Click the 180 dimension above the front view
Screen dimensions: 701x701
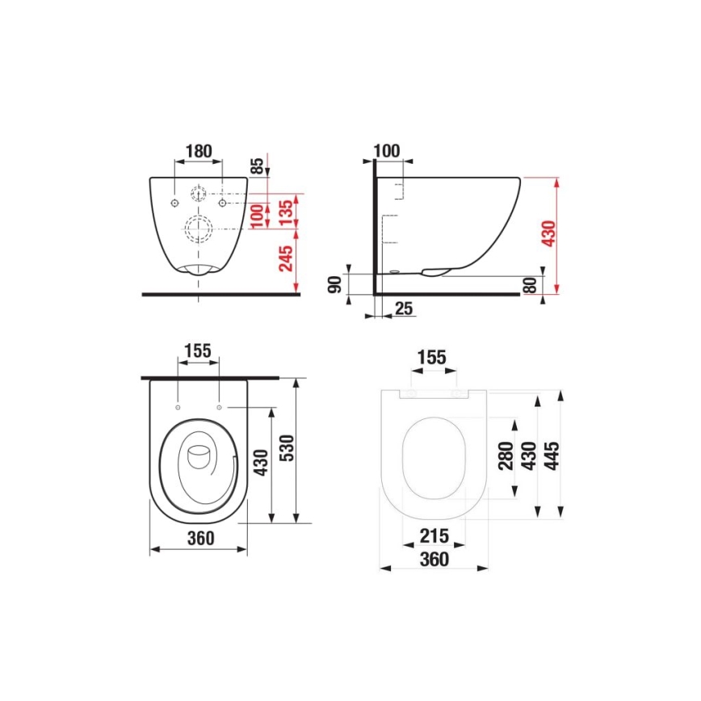[x=198, y=151]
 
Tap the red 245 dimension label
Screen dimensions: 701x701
[x=285, y=260]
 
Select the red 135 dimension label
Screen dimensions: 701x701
[x=285, y=212]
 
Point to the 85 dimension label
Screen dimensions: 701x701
[x=258, y=166]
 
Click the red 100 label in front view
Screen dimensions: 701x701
[x=256, y=216]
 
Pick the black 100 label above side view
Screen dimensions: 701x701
[x=388, y=151]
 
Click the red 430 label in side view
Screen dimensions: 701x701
[x=548, y=233]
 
